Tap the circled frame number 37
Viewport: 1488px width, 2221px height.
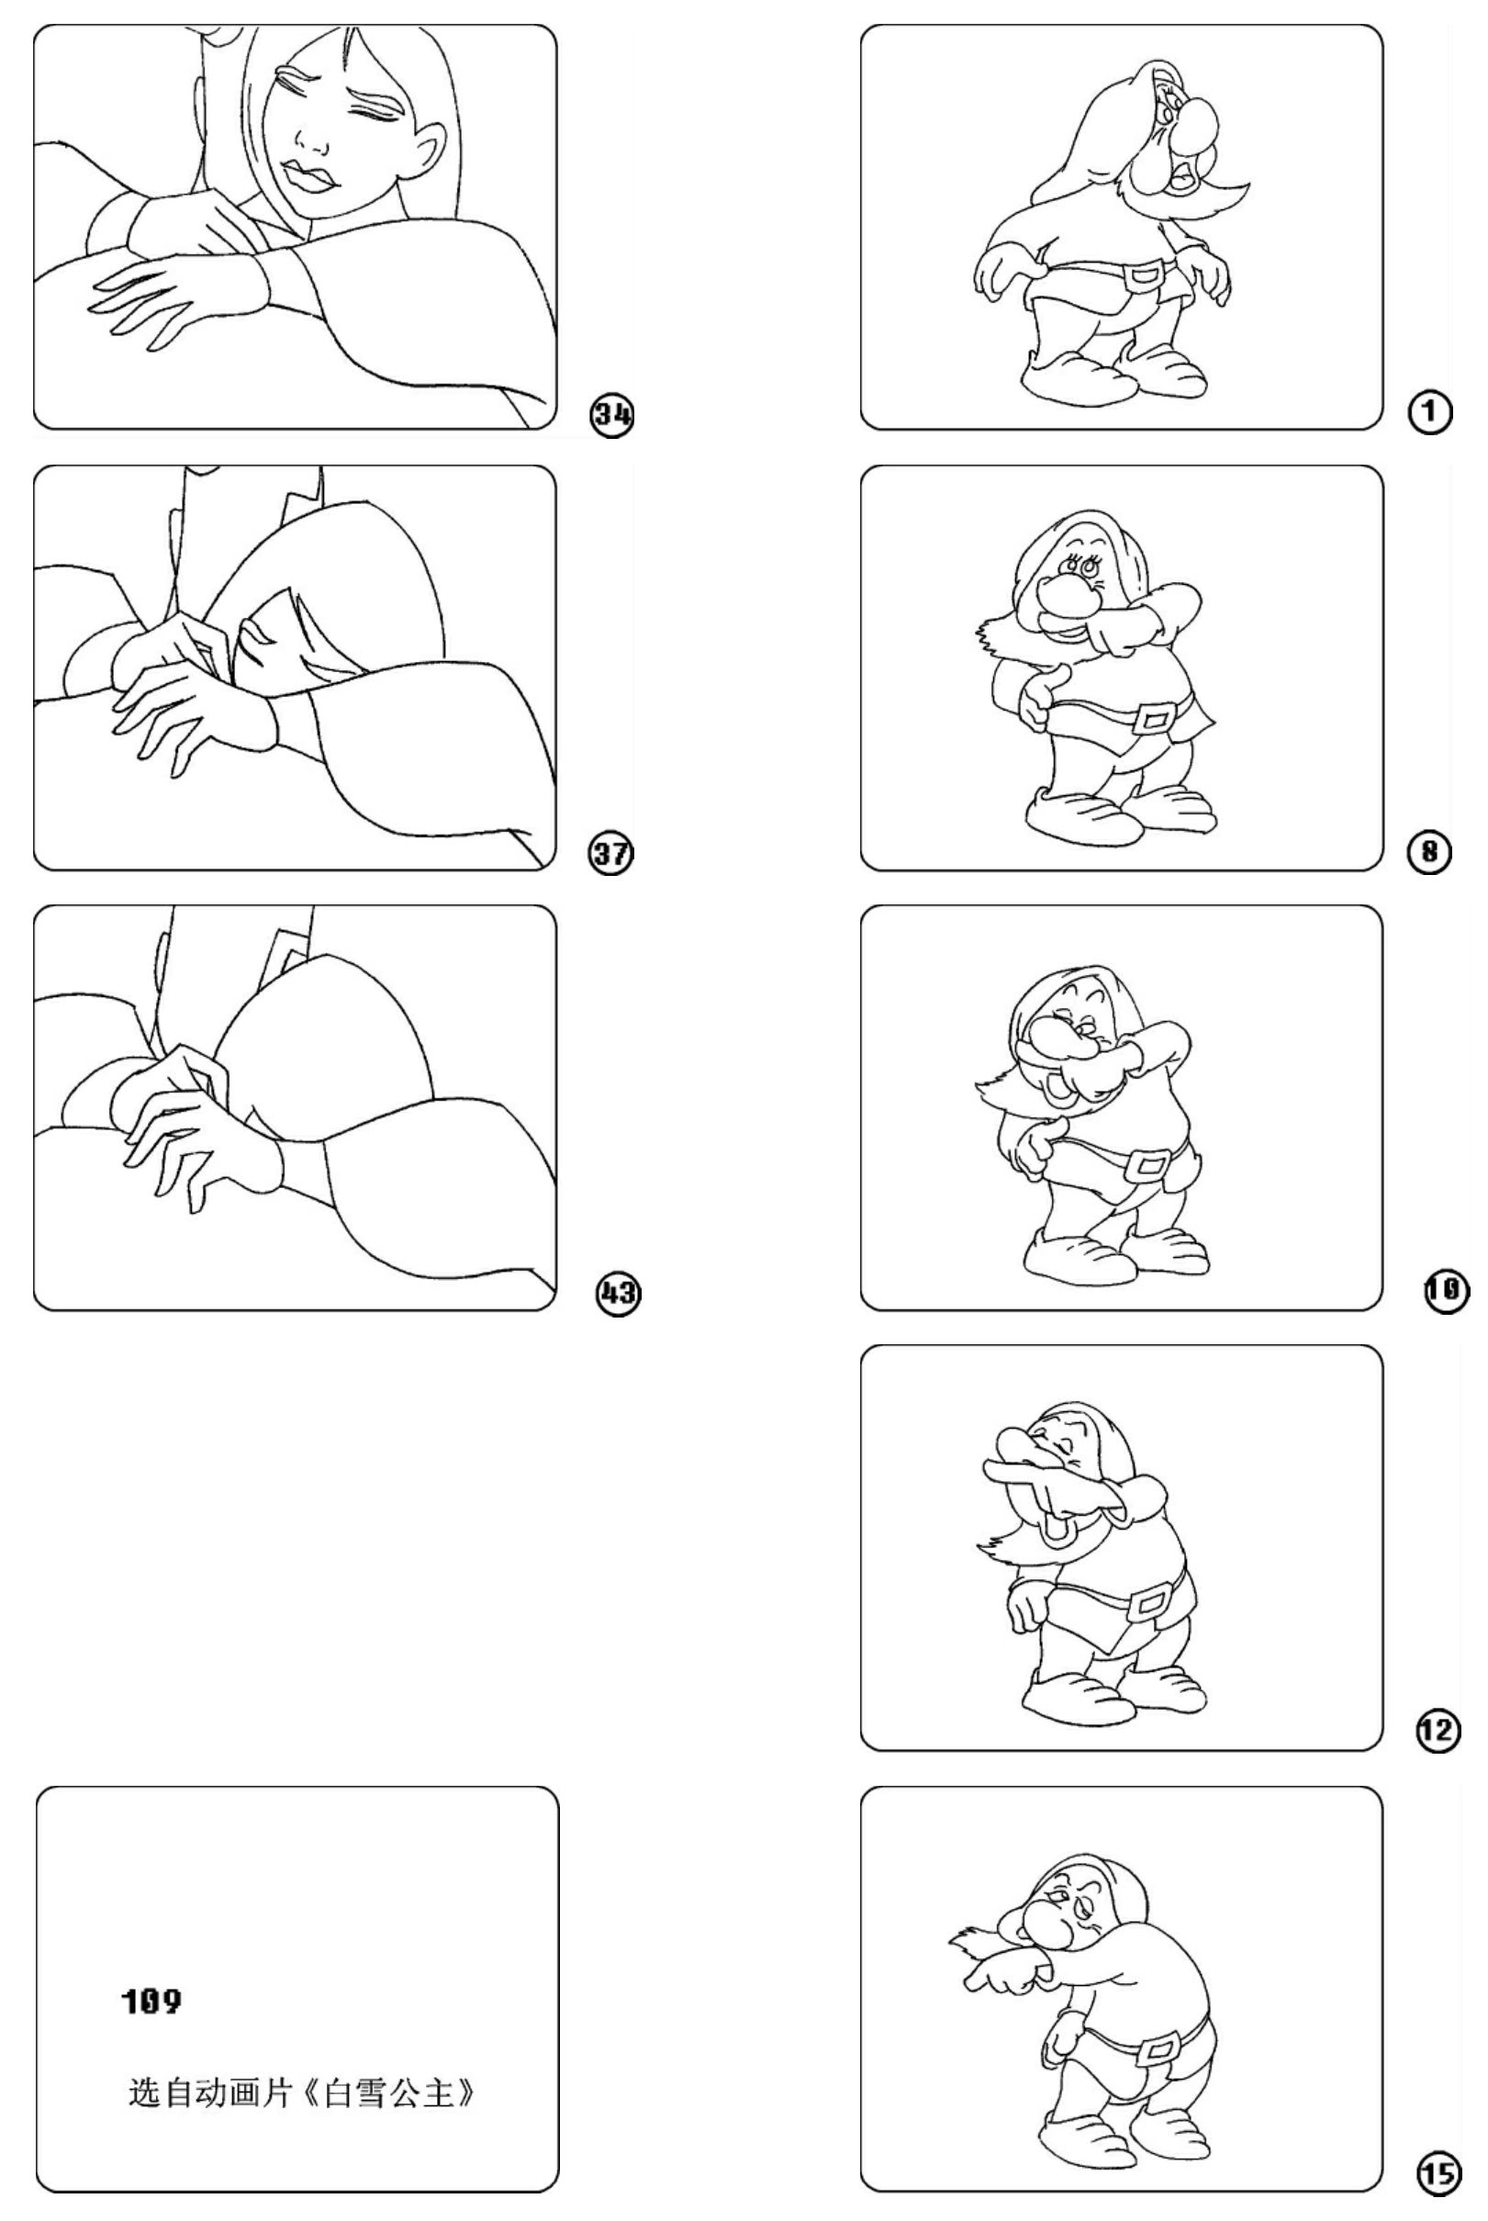pos(612,853)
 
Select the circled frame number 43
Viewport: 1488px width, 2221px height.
pos(618,1293)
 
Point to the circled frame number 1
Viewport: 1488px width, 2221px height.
pos(1429,414)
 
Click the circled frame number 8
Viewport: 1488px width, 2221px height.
pos(1429,852)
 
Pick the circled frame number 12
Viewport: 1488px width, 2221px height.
pos(1438,1733)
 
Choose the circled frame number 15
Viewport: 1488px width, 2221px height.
pos(1439,2172)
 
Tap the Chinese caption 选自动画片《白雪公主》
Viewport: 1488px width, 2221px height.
pos(302,2092)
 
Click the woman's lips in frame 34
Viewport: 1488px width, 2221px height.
pos(308,177)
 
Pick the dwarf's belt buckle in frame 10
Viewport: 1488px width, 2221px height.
pos(1149,1163)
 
